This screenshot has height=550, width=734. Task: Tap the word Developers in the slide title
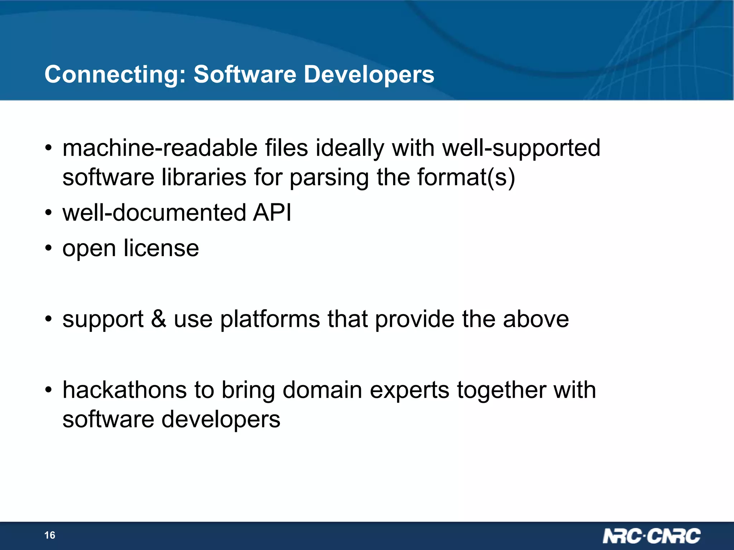[369, 74]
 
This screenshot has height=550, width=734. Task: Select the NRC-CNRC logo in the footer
[651, 536]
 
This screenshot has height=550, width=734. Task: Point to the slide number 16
[50, 535]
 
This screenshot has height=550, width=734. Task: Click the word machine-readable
[160, 148]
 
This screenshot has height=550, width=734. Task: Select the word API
[272, 213]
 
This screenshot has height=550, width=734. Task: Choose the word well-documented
[154, 213]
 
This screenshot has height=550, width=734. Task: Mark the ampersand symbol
[158, 319]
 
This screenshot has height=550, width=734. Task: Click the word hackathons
[124, 390]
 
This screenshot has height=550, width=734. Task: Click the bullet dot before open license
[49, 249]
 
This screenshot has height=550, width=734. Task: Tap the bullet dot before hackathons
[49, 390]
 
